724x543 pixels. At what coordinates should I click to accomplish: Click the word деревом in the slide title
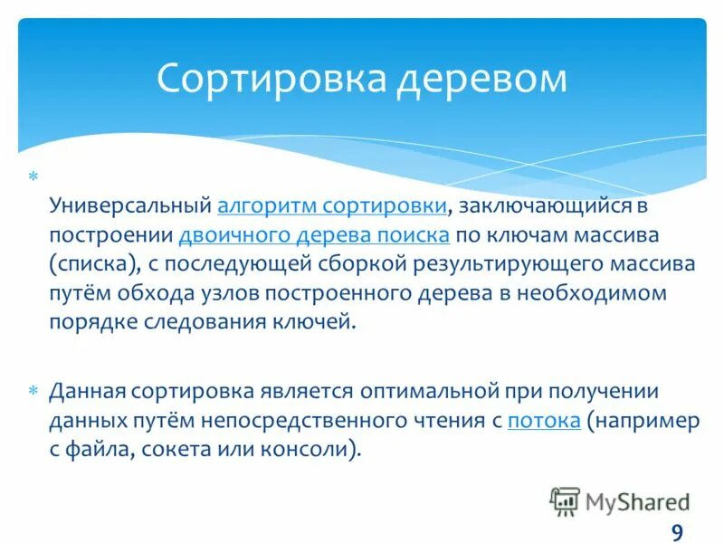coord(480,79)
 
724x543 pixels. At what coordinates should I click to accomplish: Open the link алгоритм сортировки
coord(332,205)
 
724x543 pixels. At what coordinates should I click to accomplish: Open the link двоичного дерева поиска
coord(314,234)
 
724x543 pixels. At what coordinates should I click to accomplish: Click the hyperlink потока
coord(544,420)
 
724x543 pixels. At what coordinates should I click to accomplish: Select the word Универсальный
coord(129,205)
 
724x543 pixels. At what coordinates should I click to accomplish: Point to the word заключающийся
coord(541,205)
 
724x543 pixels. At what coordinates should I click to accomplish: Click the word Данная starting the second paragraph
coord(89,391)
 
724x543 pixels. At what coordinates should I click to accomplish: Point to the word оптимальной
coord(424,391)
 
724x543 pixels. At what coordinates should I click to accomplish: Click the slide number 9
coord(677,531)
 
